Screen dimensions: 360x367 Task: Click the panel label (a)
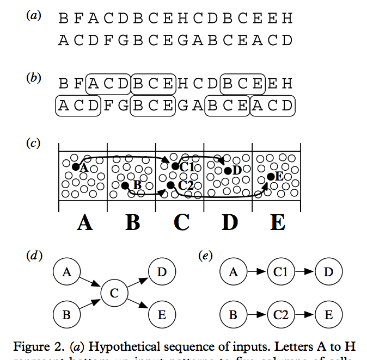(x=33, y=16)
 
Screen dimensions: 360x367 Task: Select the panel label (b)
(x=33, y=78)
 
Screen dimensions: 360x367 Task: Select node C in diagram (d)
(x=114, y=293)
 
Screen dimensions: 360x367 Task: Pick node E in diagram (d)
(x=162, y=314)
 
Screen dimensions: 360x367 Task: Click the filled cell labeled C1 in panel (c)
(x=175, y=166)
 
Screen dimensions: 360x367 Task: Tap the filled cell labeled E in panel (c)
(x=270, y=176)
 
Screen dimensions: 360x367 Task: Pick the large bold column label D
(x=230, y=222)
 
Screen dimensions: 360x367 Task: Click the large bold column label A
(x=84, y=222)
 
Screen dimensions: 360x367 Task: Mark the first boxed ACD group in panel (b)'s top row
(x=108, y=84)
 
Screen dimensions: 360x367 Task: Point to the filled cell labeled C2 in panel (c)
(x=171, y=185)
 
